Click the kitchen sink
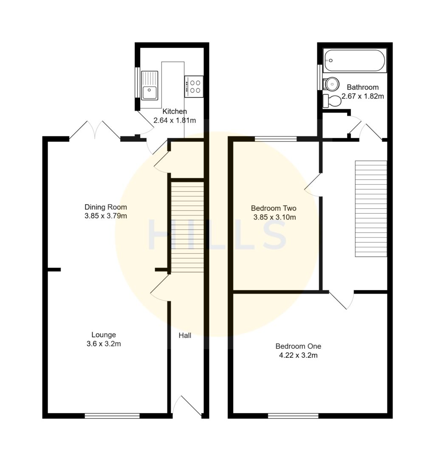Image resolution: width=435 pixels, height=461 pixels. pos(150,86)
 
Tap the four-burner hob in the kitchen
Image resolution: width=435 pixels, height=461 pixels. pos(194,86)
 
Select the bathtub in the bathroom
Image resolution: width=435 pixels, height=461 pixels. pos(354,61)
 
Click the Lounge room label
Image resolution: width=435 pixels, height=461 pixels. pos(104,335)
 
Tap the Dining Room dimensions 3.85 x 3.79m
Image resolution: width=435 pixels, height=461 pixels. pos(106,216)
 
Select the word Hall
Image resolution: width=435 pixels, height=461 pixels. pos(185,335)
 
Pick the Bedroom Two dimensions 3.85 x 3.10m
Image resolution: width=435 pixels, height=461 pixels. pos(274,217)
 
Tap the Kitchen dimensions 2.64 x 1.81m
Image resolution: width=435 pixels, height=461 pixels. pos(175,120)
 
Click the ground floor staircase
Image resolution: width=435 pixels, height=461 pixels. pos(187,227)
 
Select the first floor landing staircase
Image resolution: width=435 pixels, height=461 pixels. pos(371,209)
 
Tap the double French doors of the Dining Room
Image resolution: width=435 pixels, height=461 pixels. pos(95,130)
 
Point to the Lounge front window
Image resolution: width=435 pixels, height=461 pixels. pos(112,416)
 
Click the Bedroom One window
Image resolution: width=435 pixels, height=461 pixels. pos(293,416)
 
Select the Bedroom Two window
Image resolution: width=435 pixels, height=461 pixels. pos(276,139)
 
